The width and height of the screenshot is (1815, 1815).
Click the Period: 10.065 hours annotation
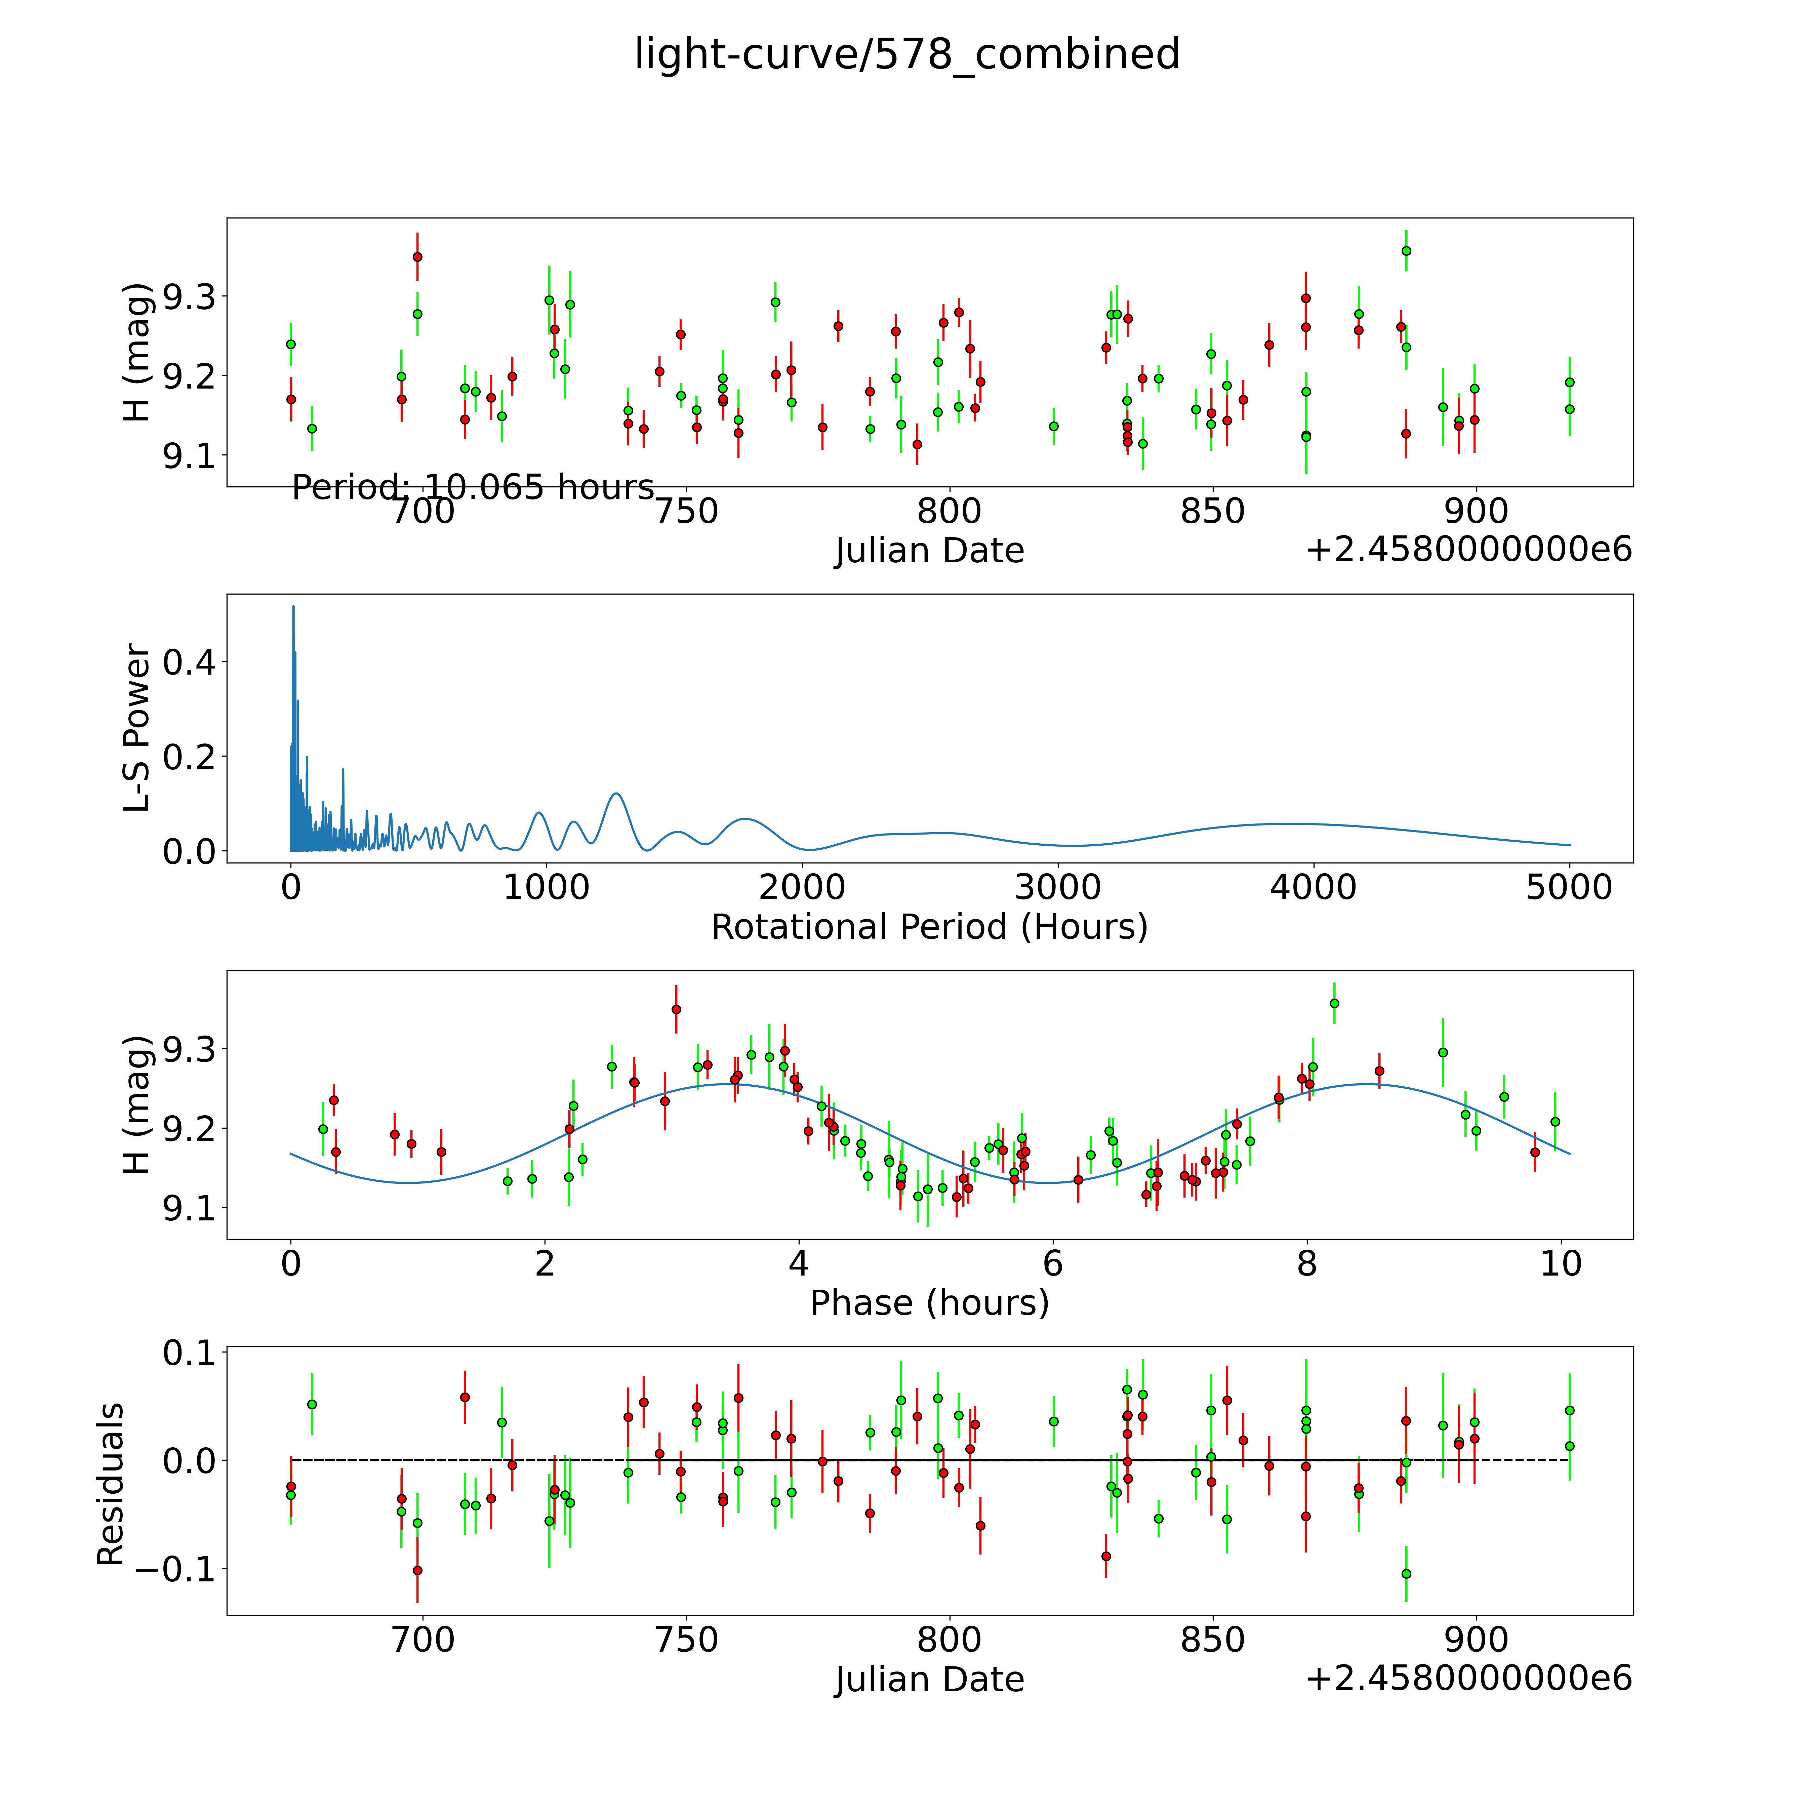tap(473, 488)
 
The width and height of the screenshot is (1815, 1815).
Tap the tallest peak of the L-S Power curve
tap(293, 607)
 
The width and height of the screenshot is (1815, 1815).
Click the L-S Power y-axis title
tap(137, 728)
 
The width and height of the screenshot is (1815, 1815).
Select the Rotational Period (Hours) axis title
tap(929, 927)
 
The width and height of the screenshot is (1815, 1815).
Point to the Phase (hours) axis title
tap(929, 1303)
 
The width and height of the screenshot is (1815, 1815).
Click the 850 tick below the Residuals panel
tap(1212, 1640)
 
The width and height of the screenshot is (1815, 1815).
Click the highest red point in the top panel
tap(417, 256)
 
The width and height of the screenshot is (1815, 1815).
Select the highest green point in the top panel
tap(1405, 251)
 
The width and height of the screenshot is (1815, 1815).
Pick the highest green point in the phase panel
tap(1334, 1003)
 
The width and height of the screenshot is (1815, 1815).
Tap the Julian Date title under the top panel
tap(929, 551)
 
